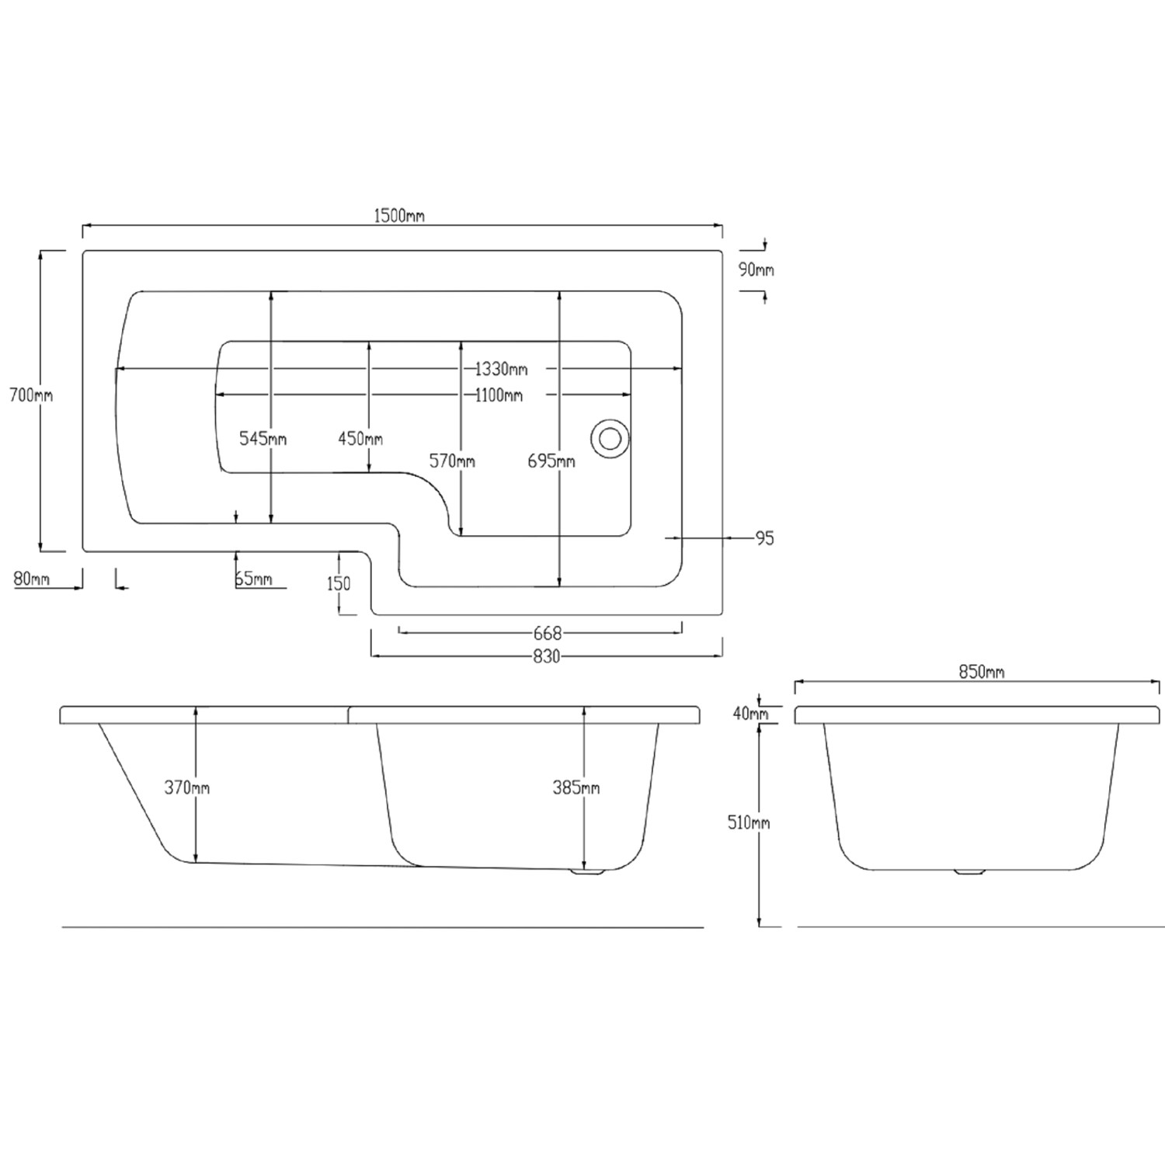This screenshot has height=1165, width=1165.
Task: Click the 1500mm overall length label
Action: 399,215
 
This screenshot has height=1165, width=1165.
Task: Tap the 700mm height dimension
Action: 31,395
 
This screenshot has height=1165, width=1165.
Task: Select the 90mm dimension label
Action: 756,270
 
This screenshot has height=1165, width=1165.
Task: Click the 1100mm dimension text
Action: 499,395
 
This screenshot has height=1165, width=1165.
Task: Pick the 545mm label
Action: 263,439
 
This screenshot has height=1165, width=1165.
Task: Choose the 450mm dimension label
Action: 360,439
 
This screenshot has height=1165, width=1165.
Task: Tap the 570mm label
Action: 452,461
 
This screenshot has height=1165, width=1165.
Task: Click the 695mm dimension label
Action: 551,461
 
